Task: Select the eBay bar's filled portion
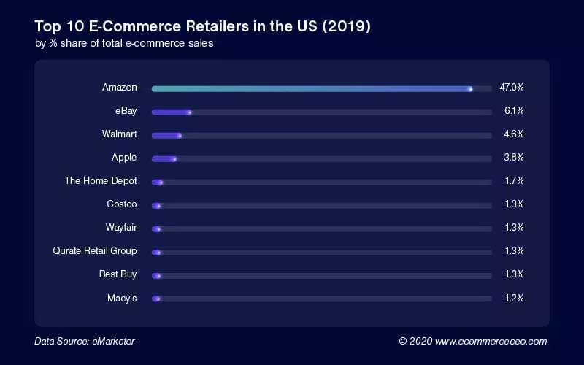[172, 112]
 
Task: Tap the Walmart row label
[119, 134]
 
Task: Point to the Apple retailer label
[123, 158]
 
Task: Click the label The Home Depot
[100, 181]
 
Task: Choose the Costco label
[121, 204]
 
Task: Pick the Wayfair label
[120, 228]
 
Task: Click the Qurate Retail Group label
[94, 251]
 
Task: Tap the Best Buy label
[118, 274]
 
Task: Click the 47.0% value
[512, 88]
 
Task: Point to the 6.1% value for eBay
[514, 111]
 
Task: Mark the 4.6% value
[514, 134]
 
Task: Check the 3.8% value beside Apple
[514, 158]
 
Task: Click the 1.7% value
[514, 181]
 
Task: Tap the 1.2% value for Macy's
[514, 298]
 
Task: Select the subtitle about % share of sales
[124, 43]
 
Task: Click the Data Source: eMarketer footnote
[85, 341]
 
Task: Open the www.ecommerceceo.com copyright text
[472, 341]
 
